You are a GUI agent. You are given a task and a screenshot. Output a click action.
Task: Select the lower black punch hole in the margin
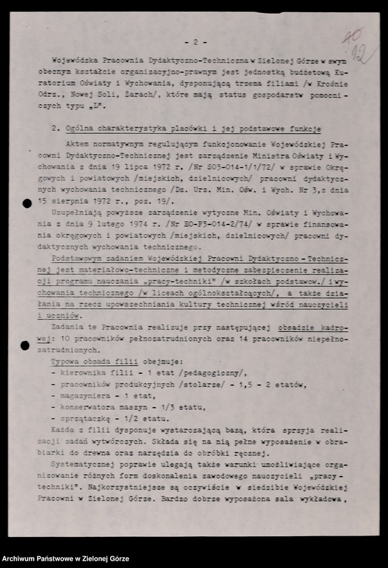pos(25,346)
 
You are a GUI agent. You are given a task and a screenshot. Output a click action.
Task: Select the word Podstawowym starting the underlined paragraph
pos(78,259)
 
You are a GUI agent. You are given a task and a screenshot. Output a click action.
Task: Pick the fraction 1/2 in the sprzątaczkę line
pos(129,419)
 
